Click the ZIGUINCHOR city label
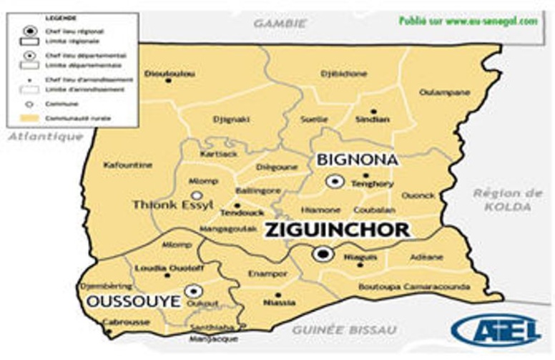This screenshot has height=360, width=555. click(x=338, y=230)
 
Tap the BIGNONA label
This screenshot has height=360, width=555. click(x=357, y=160)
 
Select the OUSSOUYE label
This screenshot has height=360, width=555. click(x=133, y=302)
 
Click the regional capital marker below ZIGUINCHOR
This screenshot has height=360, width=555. click(x=323, y=253)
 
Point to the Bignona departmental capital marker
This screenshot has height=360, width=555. click(x=333, y=182)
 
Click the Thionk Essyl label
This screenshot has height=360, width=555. click(x=172, y=205)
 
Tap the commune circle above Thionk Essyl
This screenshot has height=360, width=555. click(x=196, y=195)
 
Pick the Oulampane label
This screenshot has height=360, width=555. click(x=445, y=92)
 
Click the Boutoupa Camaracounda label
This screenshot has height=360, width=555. click(x=414, y=287)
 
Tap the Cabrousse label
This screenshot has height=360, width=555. click(x=126, y=322)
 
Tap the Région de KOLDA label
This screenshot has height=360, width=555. click(x=508, y=200)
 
